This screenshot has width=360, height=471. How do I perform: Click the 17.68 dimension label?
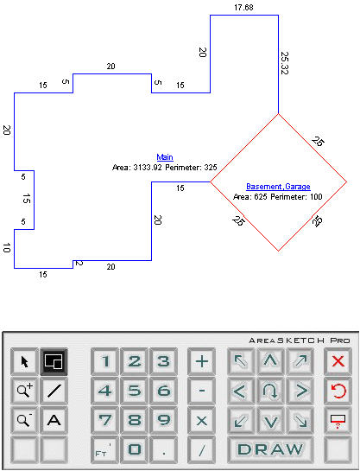[x=243, y=8]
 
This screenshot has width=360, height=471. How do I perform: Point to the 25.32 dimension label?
[x=284, y=63]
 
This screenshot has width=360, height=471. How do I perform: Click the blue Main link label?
[x=165, y=157]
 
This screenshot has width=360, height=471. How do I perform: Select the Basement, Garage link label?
[x=278, y=187]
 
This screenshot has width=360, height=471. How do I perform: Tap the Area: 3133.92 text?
[x=136, y=168]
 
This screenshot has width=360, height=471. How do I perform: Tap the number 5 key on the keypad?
[x=135, y=391]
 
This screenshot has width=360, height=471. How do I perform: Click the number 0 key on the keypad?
[x=135, y=449]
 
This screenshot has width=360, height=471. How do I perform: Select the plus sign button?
[x=202, y=361]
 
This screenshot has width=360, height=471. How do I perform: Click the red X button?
[x=338, y=361]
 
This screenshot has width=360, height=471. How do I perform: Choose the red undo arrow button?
[x=338, y=391]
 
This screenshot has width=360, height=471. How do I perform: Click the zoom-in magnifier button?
[x=24, y=391]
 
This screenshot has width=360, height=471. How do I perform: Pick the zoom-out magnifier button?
[x=24, y=420]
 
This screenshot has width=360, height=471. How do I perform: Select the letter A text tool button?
[x=54, y=420]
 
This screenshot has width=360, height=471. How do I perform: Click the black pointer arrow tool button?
[x=24, y=361]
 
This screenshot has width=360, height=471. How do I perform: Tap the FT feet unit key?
[x=104, y=449]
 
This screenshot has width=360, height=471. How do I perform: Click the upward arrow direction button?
[x=270, y=361]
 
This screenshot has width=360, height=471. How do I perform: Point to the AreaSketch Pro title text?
[x=300, y=341]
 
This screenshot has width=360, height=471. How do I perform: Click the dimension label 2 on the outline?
[x=79, y=263]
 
